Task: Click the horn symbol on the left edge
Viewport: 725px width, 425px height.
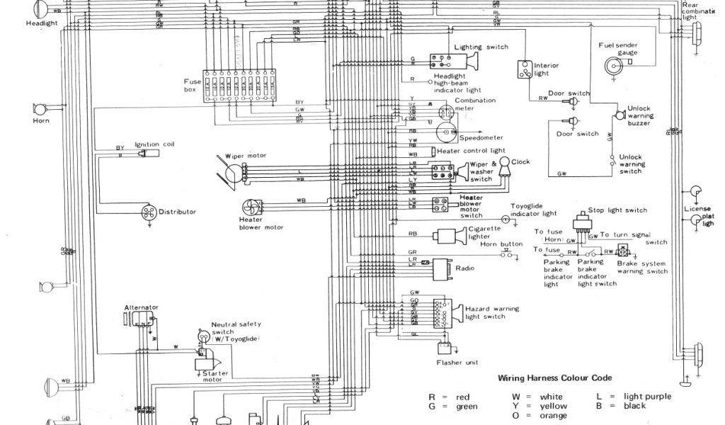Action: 38,110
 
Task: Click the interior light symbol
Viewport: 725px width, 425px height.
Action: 525,69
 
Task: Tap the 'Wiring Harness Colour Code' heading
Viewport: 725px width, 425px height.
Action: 554,378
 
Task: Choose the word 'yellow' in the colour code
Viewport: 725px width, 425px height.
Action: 553,407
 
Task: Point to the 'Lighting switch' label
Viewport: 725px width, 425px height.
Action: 481,47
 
